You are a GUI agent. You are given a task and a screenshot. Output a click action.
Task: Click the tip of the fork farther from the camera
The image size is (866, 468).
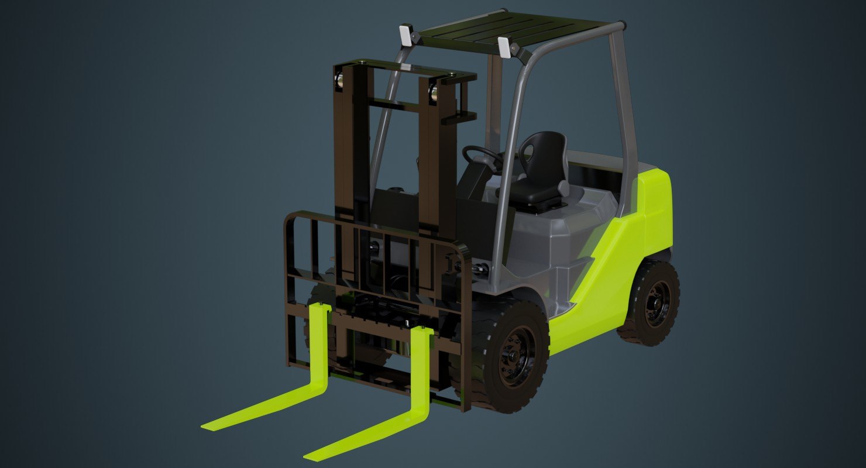click(208, 426)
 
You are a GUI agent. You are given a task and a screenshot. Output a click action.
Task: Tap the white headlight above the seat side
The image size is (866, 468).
click(504, 47)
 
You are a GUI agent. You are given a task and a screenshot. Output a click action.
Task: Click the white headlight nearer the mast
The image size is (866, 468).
click(405, 35)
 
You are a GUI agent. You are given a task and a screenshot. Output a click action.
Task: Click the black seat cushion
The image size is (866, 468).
click(532, 191)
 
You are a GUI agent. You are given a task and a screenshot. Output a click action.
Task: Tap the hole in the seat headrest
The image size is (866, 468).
click(529, 153)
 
